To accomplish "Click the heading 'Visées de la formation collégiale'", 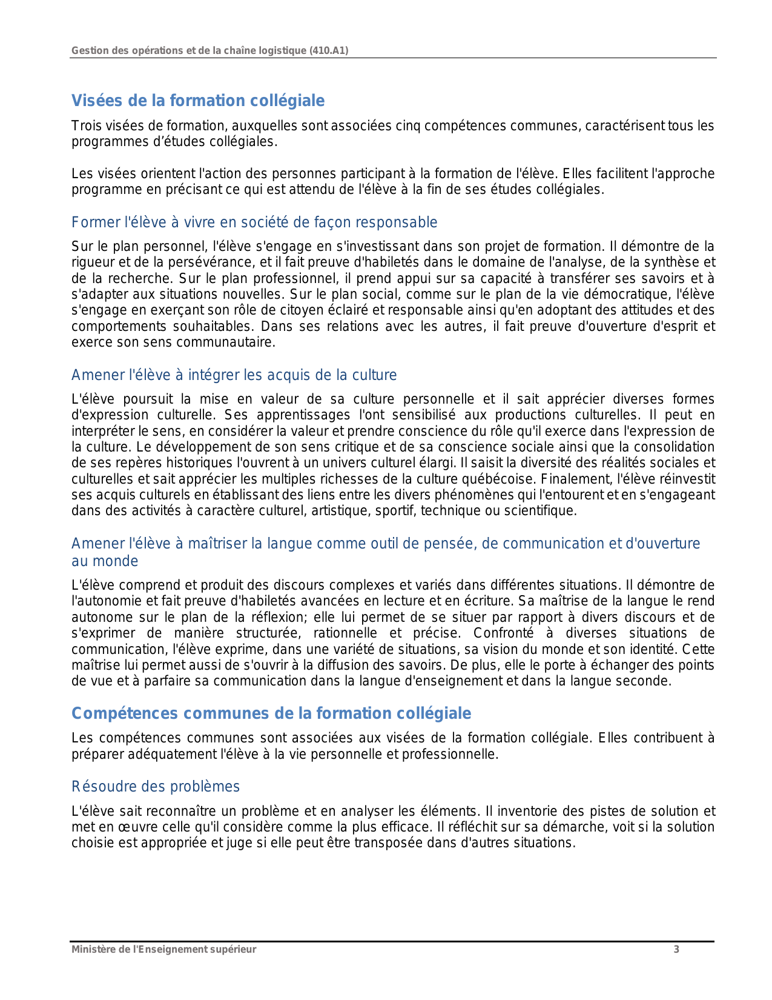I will click(198, 101).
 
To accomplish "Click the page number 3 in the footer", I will click(676, 949).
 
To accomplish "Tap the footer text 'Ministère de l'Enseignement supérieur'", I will click(163, 949).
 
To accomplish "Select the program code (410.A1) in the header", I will click(329, 50).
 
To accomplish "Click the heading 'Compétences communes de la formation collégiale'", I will click(271, 713).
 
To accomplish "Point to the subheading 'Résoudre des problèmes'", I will click(156, 787).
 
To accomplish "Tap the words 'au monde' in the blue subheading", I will click(105, 561).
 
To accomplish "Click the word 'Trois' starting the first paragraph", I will click(85, 126).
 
